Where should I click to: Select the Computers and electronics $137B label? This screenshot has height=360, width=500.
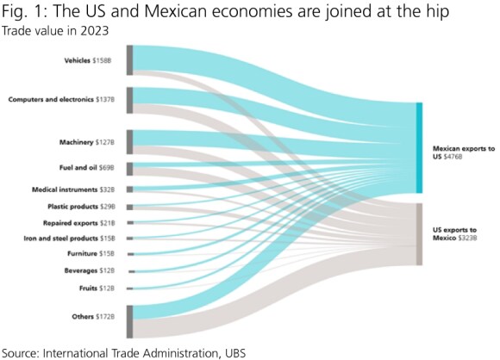[x=66, y=100]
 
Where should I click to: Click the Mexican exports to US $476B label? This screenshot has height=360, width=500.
[x=462, y=153]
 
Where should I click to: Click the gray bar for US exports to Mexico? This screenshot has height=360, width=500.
[x=419, y=233]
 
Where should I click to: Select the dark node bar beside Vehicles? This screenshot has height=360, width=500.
[x=129, y=60]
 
